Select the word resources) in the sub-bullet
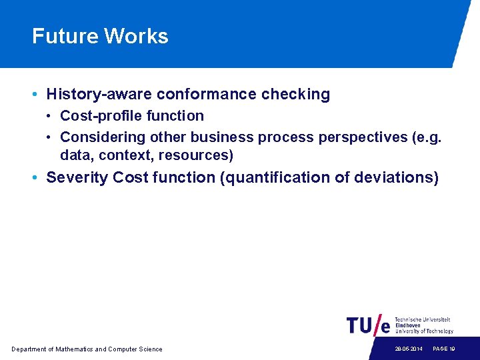click(x=196, y=156)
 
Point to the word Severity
click(x=77, y=178)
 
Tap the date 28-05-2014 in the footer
click(x=408, y=349)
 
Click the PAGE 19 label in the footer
click(x=444, y=349)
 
